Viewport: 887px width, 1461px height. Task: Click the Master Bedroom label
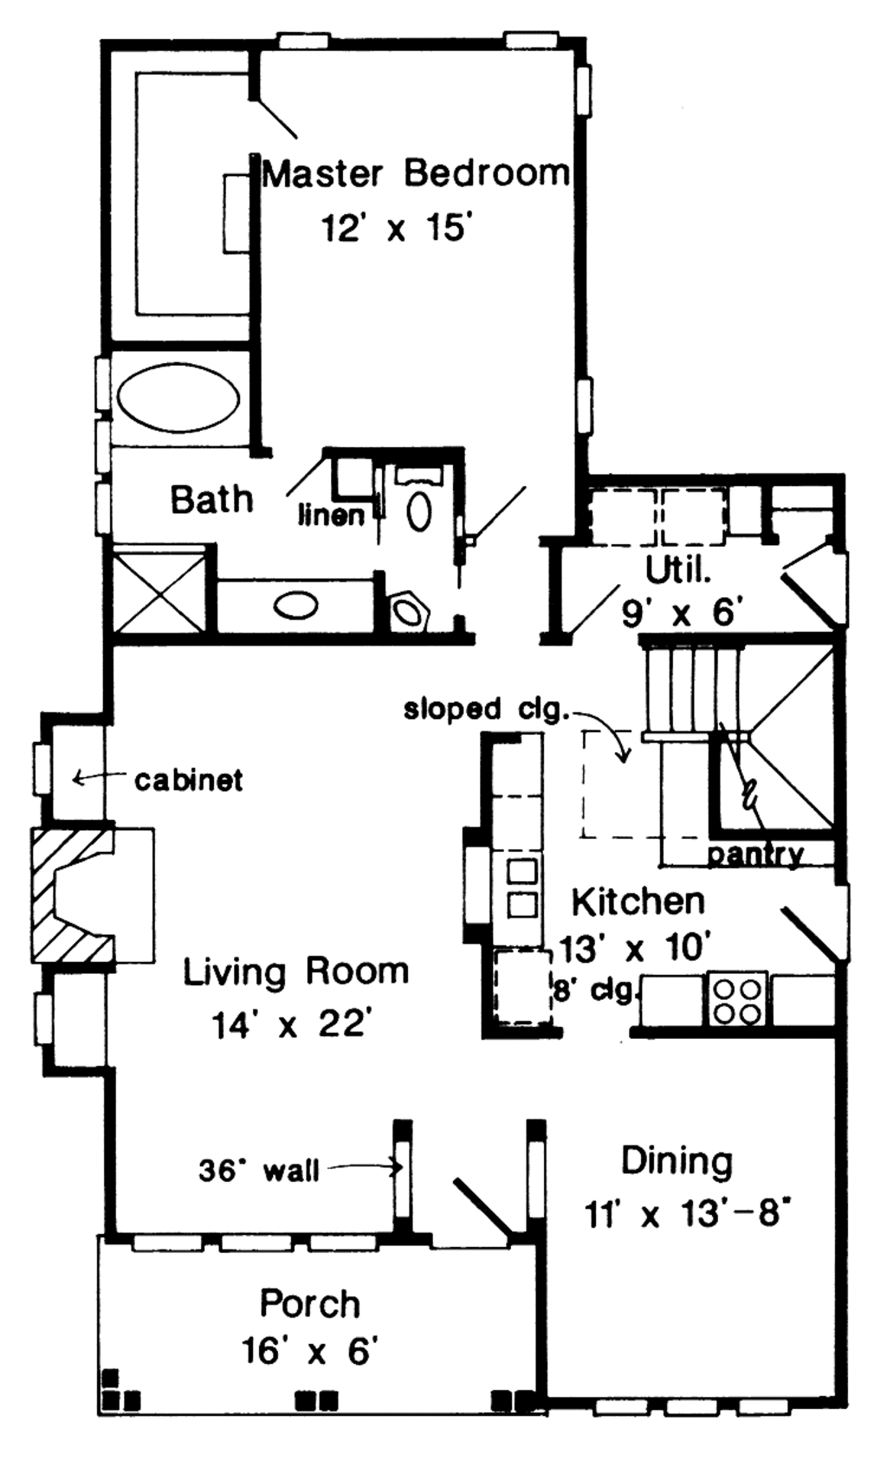point(416,174)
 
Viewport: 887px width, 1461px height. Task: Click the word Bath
point(211,500)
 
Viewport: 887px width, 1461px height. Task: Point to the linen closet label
point(331,516)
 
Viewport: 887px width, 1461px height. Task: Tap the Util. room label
point(678,570)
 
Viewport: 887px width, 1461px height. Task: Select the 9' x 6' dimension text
point(683,613)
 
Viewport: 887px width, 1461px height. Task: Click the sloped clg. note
point(485,710)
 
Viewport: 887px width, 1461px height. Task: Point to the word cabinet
point(188,781)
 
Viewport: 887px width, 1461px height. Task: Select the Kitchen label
point(638,902)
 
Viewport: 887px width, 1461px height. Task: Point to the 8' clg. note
point(595,990)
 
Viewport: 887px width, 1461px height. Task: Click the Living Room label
point(295,972)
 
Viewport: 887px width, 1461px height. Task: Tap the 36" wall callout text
point(259,1171)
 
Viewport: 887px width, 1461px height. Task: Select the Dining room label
point(677,1161)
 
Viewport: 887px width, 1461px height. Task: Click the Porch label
point(309,1303)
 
